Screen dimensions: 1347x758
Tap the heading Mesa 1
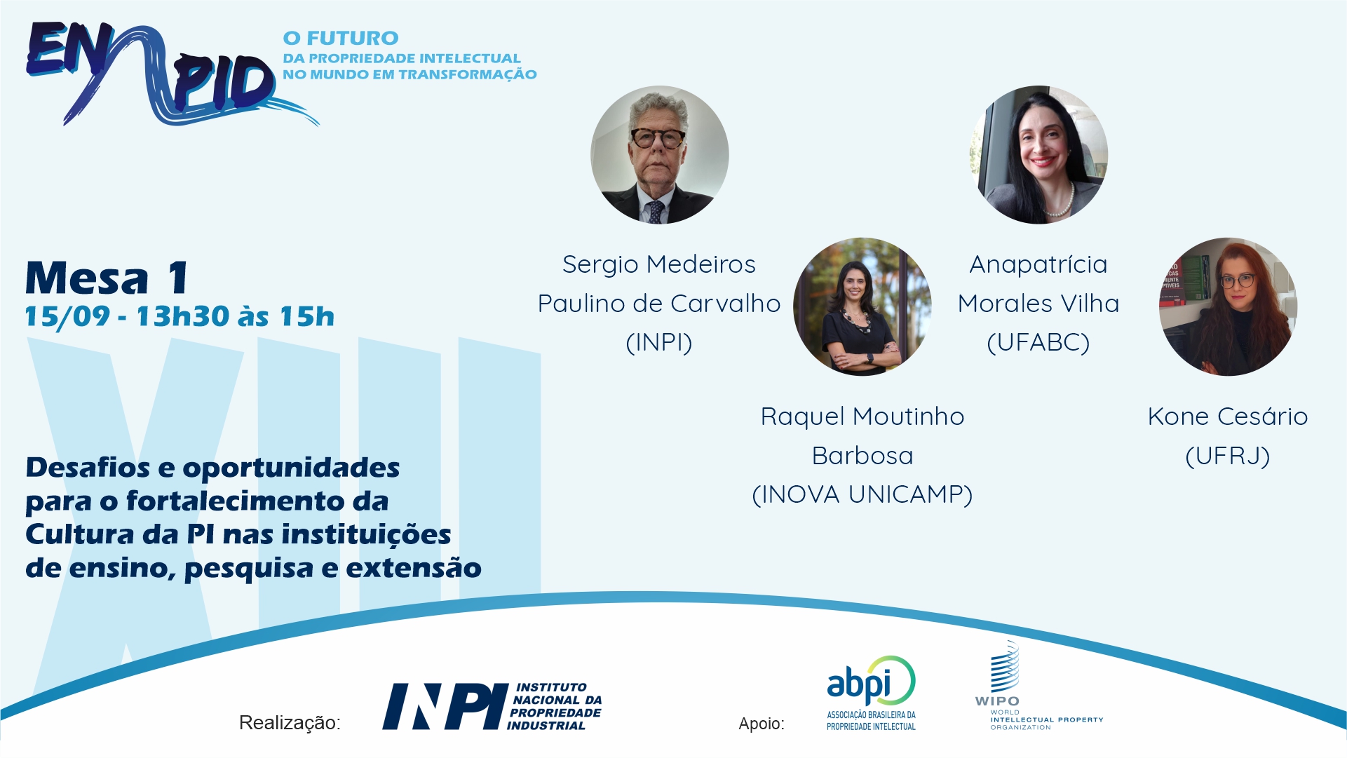click(107, 278)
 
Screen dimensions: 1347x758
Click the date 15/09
click(67, 317)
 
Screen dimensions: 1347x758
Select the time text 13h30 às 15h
click(235, 317)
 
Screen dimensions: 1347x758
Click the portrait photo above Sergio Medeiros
click(660, 155)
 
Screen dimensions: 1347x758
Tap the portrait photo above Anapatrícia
click(1038, 155)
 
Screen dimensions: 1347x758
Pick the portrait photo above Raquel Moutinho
click(862, 307)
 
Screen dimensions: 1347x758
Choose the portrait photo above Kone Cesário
click(1228, 307)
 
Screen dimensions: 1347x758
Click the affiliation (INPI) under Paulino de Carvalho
click(659, 342)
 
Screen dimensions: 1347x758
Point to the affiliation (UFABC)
click(1038, 342)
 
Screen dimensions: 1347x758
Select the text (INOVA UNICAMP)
click(862, 494)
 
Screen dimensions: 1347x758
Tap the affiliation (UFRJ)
click(1228, 456)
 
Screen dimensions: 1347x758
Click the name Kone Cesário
click(1228, 417)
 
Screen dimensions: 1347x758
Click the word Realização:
click(290, 723)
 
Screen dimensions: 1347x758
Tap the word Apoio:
click(762, 724)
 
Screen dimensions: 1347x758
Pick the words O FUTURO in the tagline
click(341, 38)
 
